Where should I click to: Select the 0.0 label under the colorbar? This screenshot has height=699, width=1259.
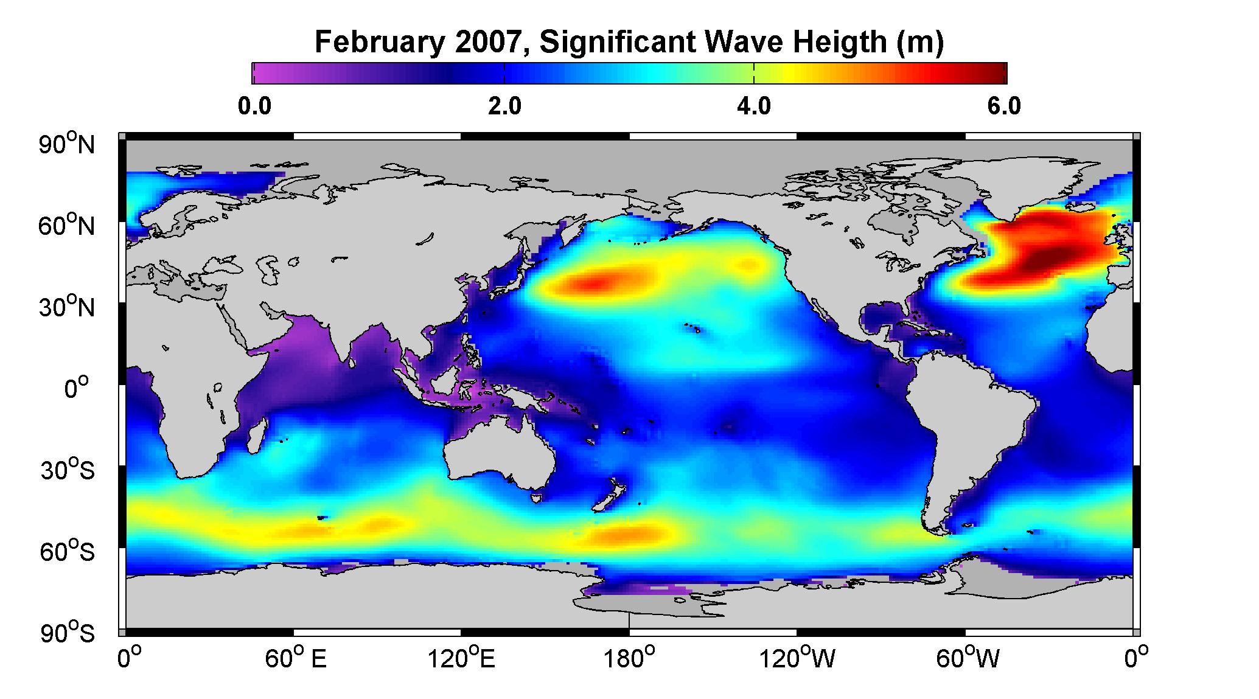(x=254, y=106)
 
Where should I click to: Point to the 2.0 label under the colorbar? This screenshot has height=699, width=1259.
(x=504, y=106)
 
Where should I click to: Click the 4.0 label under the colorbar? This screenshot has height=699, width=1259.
(x=754, y=106)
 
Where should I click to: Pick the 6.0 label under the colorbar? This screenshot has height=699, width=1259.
(x=1005, y=106)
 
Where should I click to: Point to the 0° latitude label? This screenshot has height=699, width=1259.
(x=77, y=388)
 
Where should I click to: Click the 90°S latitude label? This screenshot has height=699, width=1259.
(x=67, y=633)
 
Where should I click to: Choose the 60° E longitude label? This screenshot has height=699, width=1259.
(x=295, y=659)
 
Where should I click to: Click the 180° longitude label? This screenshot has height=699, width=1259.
(x=629, y=659)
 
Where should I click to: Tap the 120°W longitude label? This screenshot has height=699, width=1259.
(x=798, y=659)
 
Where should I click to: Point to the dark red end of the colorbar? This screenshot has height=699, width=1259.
(x=998, y=72)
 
